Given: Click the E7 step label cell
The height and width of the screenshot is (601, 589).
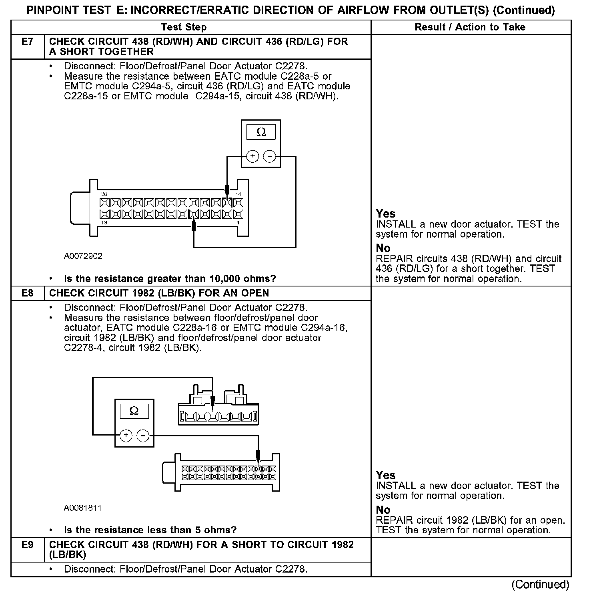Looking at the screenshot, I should pos(27,42).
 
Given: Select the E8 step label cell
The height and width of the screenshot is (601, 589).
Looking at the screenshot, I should pos(27,293).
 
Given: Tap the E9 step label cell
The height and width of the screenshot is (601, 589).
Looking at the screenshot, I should pos(27,545).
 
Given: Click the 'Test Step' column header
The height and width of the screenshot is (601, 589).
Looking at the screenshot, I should pos(184,27).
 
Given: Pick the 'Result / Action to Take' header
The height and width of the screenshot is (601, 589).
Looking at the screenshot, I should pos(470,27).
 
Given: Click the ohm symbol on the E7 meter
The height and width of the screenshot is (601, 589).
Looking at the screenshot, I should pos(261,132).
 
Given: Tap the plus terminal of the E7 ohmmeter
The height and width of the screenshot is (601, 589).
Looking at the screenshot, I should pos(252,156).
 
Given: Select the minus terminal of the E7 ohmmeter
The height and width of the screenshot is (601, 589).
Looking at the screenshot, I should pos(270,156).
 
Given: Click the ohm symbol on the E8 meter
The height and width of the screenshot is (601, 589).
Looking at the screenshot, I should pos(134,411).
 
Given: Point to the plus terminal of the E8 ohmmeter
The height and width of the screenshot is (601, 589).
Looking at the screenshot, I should pos(126,435).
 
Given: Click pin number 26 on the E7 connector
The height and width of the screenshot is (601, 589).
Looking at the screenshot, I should pos(104,194).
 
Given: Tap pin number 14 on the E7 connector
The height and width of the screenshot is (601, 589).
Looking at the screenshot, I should pos(238,194).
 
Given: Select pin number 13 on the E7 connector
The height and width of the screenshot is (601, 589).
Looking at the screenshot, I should pos(104,222).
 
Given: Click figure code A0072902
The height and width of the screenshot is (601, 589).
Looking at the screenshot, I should pos(83,256).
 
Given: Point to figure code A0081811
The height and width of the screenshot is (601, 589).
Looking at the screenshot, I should pos(82,508).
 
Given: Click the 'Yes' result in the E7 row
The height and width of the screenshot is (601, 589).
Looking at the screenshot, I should pos(386,214).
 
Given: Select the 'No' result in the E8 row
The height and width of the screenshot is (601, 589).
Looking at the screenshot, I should pos(383,510).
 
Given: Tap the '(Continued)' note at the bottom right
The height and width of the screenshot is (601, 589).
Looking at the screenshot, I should pos(540,585).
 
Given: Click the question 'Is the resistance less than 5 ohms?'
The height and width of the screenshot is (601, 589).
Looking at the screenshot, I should pos(150,530).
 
